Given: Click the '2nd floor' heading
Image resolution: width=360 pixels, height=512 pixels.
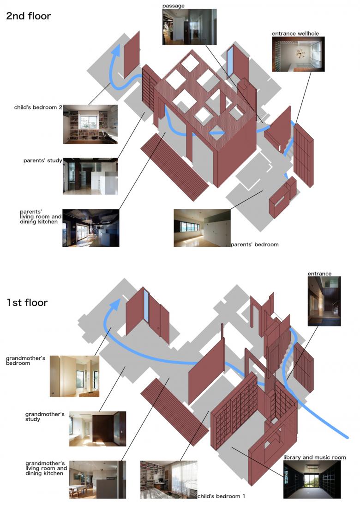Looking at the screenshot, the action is (x=29, y=16).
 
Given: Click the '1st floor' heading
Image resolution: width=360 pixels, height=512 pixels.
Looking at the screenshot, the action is (x=27, y=303).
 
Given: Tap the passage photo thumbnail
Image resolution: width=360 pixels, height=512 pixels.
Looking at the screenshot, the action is (x=190, y=27).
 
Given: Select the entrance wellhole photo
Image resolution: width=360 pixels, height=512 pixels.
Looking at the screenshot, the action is (x=298, y=54).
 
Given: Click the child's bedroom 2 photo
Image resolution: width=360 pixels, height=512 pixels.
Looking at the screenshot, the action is (x=90, y=125).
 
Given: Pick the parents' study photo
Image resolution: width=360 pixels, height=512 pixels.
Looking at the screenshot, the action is (x=90, y=176).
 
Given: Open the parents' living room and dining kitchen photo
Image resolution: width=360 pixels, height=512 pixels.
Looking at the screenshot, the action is (x=91, y=228).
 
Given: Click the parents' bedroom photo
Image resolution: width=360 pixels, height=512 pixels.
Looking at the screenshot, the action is (x=202, y=228).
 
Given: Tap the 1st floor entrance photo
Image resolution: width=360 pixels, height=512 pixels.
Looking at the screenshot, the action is (x=324, y=301).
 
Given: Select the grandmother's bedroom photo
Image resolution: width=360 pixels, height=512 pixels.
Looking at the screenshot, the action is (x=74, y=376).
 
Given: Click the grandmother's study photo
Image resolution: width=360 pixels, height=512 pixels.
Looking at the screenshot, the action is (x=98, y=429).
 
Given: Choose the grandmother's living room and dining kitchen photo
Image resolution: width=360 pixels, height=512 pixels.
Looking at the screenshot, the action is (x=98, y=480).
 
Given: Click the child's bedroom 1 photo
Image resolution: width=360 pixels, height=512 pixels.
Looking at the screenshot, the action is (x=169, y=480).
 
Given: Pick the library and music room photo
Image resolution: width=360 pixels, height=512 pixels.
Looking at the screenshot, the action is (x=312, y=480).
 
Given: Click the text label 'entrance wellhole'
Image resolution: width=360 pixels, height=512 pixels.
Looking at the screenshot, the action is (x=295, y=34).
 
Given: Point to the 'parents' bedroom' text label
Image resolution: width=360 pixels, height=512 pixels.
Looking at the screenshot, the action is (x=255, y=244).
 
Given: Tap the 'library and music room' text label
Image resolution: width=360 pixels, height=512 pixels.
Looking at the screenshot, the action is (x=315, y=458).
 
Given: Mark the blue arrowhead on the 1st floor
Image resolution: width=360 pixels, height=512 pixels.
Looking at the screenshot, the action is (x=114, y=304).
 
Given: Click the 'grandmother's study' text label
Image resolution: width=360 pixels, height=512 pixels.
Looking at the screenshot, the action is (x=45, y=417).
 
